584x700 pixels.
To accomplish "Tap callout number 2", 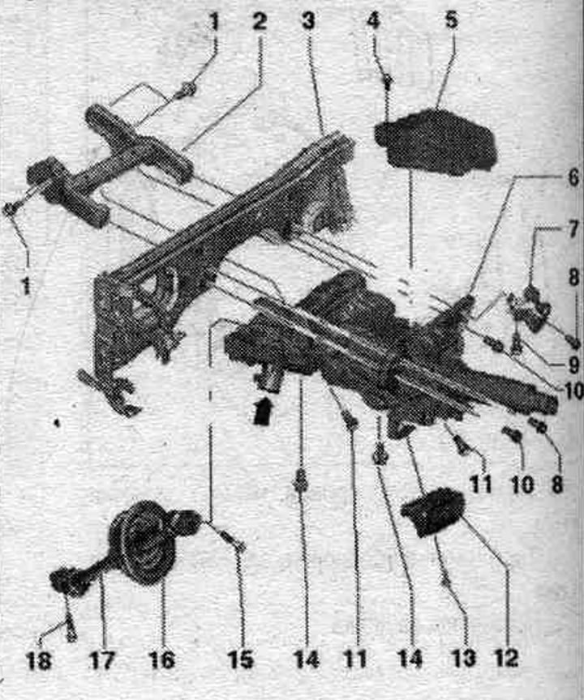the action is [260, 22].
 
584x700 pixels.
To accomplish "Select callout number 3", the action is [308, 21].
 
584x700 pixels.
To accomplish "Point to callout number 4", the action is [374, 20].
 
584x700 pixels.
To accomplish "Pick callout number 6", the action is [572, 178].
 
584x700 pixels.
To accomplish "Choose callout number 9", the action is [573, 366].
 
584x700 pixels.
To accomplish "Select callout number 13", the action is [463, 658].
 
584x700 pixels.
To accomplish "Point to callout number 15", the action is [241, 659].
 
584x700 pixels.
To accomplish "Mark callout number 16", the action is [161, 659].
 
